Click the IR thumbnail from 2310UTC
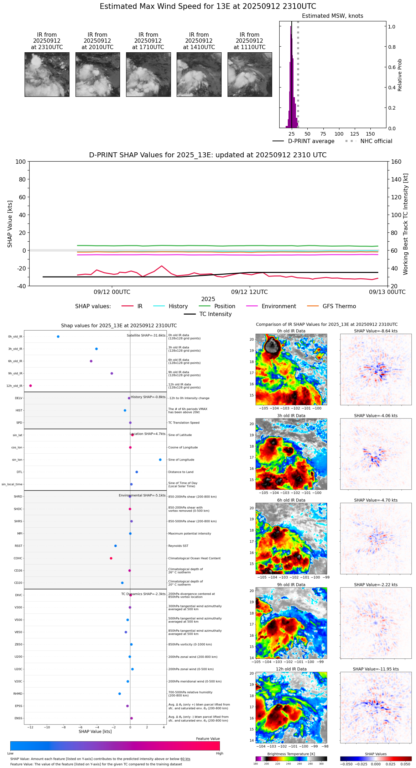coord(47,74)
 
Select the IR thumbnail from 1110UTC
coord(249,74)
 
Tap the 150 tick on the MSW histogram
coord(370,134)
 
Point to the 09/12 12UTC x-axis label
coord(249,292)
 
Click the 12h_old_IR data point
coord(31,386)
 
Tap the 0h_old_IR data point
coord(58,337)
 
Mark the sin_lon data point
coord(160,460)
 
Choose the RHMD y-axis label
coord(18,694)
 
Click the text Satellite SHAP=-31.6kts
coord(146,336)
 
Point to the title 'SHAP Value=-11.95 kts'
coord(376,669)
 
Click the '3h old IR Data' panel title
coord(291,416)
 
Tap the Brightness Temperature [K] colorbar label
coord(291,754)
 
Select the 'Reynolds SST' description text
coord(178,546)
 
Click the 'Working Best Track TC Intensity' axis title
coord(406,224)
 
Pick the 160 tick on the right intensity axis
coord(396,162)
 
